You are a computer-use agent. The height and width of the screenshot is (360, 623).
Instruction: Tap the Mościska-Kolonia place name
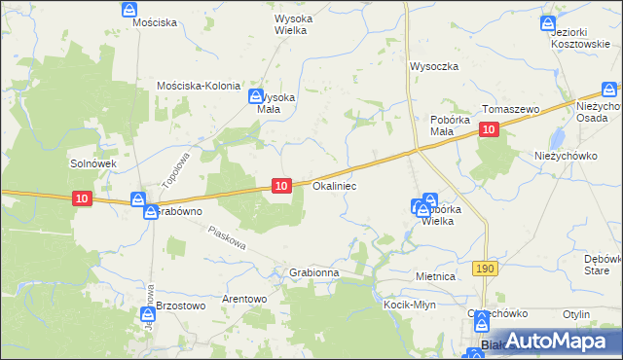[x=199, y=86]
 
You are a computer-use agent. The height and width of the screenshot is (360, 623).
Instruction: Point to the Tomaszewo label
[x=510, y=110]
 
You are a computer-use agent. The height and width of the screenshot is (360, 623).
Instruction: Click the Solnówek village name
[x=93, y=163]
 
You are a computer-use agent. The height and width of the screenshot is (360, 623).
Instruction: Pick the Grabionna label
[x=313, y=273]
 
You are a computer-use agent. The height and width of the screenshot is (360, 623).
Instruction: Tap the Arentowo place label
[x=244, y=299]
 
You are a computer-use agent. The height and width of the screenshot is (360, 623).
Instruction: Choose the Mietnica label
[x=435, y=277]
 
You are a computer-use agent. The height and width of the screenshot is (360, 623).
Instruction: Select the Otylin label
[x=576, y=314]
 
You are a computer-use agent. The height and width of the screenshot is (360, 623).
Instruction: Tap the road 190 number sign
[x=484, y=267]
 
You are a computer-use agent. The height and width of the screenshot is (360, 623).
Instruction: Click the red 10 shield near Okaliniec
[x=281, y=185]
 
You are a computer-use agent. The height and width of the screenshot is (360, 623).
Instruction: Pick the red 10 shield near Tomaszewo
[x=489, y=129]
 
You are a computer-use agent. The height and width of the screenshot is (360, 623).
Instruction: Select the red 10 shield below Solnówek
[x=83, y=198]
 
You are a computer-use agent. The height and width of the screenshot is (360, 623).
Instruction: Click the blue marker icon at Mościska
[x=129, y=9]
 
